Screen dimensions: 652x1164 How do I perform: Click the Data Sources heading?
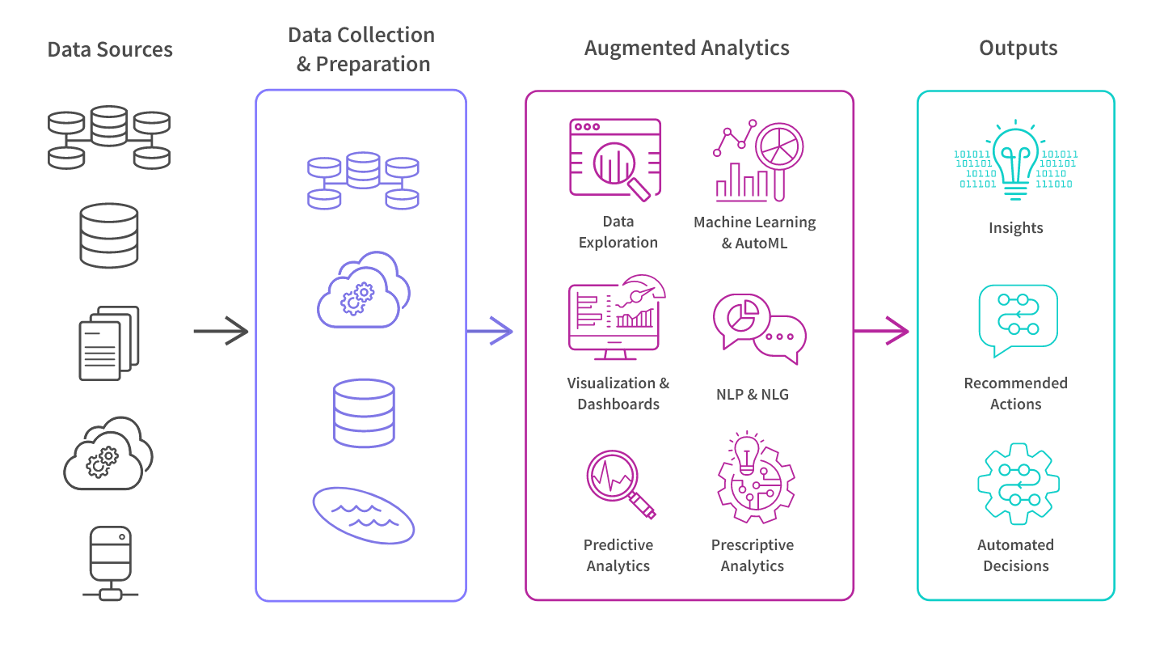[x=110, y=49]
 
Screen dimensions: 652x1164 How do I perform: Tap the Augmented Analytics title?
[x=686, y=48]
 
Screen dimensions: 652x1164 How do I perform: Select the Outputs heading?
[x=1018, y=48]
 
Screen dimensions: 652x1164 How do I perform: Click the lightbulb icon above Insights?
[x=1016, y=160]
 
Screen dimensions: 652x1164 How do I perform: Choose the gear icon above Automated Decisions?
[x=1018, y=483]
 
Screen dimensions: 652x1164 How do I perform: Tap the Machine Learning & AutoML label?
[x=754, y=232]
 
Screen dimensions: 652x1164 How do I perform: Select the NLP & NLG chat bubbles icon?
[x=759, y=327]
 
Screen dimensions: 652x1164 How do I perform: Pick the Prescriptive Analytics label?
[x=753, y=555]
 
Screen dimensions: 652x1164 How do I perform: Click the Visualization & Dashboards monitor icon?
[x=616, y=317]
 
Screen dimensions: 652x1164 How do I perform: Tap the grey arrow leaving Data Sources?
[x=221, y=331]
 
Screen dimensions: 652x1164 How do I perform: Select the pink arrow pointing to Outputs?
[x=883, y=331]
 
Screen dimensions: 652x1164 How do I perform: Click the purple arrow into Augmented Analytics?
[x=491, y=331]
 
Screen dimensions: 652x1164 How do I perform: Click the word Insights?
[x=1015, y=228]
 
